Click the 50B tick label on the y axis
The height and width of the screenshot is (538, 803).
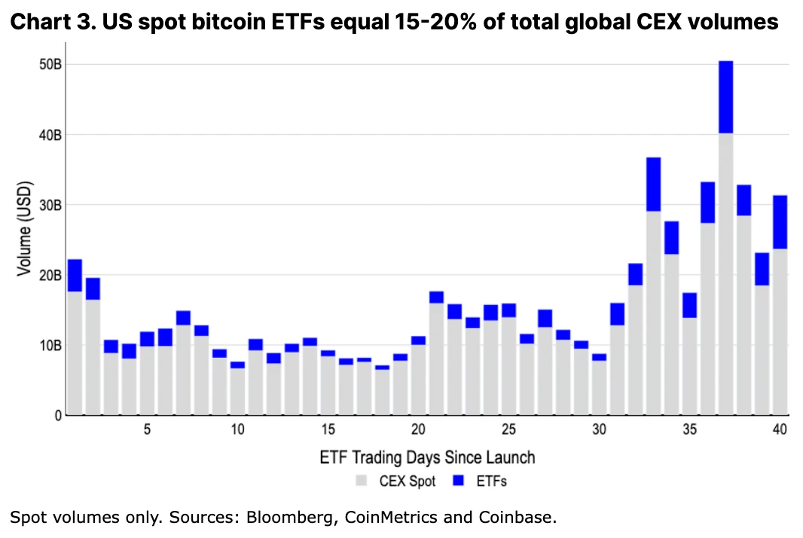tap(50, 65)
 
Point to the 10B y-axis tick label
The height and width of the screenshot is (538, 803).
tap(50, 346)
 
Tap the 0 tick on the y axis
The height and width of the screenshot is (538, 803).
tap(57, 416)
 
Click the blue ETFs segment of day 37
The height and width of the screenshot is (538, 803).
tap(725, 97)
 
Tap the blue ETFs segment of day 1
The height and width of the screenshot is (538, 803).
tap(75, 275)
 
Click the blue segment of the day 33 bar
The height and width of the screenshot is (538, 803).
tap(653, 185)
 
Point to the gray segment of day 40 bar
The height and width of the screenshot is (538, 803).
tap(780, 332)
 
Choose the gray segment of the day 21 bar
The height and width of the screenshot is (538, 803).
tap(436, 359)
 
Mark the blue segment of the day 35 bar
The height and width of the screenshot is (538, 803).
tap(689, 305)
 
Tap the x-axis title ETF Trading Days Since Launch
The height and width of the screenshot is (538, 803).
tap(427, 457)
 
